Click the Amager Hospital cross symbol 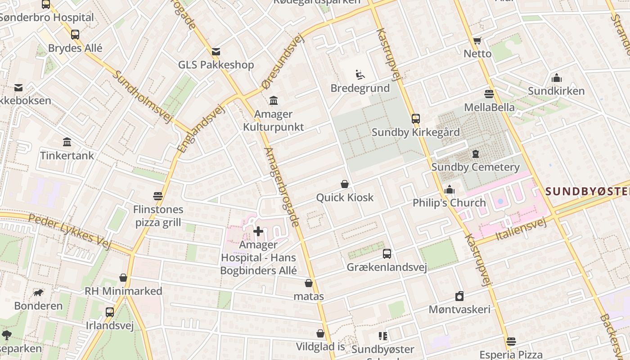pos(258,232)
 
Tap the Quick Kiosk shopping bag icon pos(345,184)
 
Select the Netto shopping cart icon pos(477,40)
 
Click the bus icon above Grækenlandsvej pos(387,254)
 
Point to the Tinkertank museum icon pos(67,142)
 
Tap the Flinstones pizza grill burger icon pos(158,196)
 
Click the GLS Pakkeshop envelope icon pos(216,51)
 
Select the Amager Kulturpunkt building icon pos(273,100)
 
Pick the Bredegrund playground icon pos(360,75)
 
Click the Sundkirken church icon pos(556,78)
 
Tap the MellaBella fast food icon pos(489,94)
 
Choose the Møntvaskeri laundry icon pos(459,296)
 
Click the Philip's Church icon pos(449,190)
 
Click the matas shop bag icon pos(309,283)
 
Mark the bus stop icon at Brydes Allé pos(75,35)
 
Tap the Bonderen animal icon pos(39,293)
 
